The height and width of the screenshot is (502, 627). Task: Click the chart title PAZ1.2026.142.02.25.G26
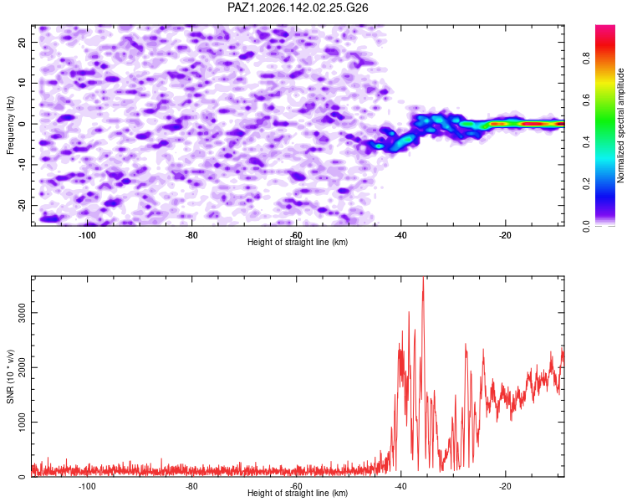(298, 8)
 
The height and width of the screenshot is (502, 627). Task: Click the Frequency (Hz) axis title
(10, 125)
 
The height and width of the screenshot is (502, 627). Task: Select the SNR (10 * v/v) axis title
(10, 376)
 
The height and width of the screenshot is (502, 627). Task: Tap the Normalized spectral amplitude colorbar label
(620, 125)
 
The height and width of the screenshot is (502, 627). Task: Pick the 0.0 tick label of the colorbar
(586, 226)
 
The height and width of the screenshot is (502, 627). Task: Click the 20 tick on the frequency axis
(22, 42)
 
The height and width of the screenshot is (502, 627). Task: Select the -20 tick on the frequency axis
(22, 205)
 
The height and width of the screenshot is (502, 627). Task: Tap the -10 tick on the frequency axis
(22, 165)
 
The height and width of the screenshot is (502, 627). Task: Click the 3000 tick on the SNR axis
(22, 313)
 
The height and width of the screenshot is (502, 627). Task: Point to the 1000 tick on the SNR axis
(22, 422)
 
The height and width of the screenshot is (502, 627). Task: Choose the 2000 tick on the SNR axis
(22, 367)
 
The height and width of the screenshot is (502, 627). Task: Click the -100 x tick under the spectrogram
(87, 235)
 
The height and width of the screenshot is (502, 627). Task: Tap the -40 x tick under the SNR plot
(400, 486)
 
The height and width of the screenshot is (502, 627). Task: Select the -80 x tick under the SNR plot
(191, 486)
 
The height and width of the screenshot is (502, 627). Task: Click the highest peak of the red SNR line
(423, 278)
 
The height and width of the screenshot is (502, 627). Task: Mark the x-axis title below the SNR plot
(298, 493)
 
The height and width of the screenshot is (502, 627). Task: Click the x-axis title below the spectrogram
(298, 242)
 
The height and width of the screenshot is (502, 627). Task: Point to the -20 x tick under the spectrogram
(505, 235)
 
